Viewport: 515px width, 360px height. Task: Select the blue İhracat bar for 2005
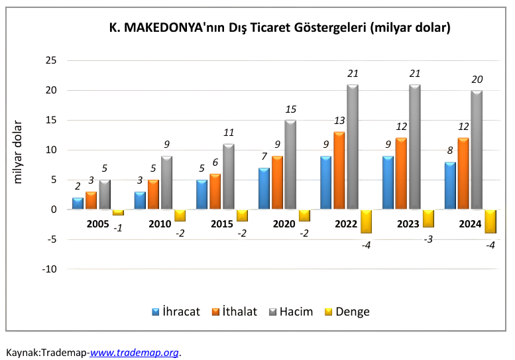(x=78, y=204)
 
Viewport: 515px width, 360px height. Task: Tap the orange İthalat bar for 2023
(x=401, y=174)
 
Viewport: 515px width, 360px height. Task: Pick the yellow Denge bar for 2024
(x=490, y=221)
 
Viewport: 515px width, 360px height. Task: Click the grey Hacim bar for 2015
(x=229, y=176)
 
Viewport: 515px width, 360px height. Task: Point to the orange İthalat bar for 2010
(x=153, y=194)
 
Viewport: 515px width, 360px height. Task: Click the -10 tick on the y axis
(x=50, y=269)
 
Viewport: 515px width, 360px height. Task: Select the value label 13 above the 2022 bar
(x=339, y=121)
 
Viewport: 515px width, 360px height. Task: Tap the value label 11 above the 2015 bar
(x=229, y=133)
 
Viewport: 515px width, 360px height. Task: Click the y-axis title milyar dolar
(x=19, y=151)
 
